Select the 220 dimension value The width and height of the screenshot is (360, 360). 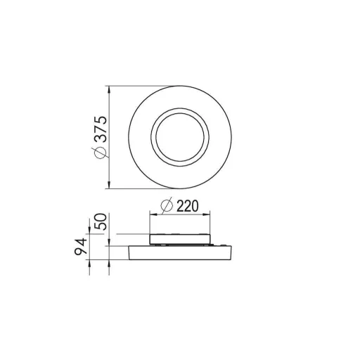(x=188, y=207)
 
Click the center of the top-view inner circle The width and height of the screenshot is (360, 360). (x=180, y=136)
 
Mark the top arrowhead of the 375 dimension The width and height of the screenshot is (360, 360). (x=108, y=89)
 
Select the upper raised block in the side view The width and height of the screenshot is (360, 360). (x=180, y=237)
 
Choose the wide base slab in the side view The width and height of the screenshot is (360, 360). (x=180, y=252)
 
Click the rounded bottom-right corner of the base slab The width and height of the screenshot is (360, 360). (x=231, y=257)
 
